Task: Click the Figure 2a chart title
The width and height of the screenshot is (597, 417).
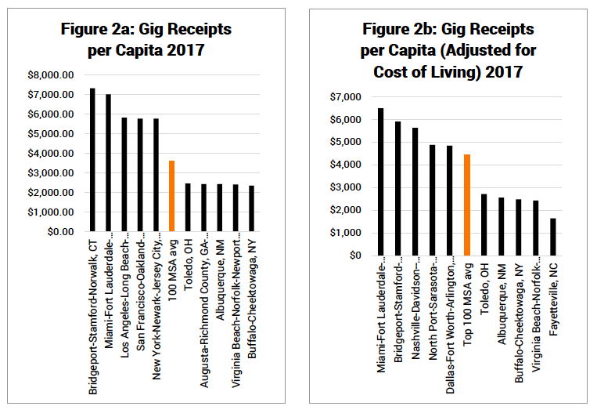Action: tap(146, 42)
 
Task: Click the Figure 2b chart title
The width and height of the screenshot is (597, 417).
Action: tap(448, 50)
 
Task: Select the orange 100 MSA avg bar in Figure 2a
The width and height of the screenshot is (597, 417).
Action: tap(172, 196)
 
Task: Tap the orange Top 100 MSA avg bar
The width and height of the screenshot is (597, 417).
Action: tap(466, 205)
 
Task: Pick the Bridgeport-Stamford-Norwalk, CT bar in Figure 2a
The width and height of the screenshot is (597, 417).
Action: tap(92, 160)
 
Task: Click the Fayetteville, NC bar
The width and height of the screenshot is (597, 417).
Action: tap(552, 237)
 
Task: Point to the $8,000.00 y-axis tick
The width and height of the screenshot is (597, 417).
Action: tap(51, 74)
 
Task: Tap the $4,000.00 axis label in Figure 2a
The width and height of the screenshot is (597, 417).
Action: tap(51, 153)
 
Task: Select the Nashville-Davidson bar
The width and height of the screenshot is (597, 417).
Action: tap(415, 191)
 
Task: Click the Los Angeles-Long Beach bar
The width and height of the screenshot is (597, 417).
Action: tap(124, 175)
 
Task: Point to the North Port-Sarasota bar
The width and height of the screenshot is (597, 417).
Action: tap(432, 200)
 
